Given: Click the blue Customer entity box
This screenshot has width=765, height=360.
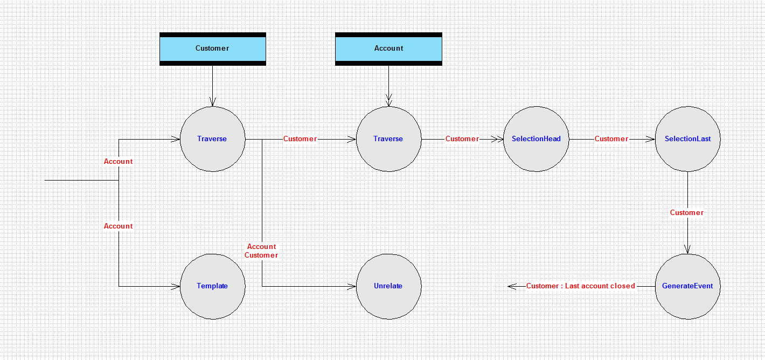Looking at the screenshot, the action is [x=212, y=49].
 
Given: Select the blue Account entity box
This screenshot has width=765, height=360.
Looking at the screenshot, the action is [x=388, y=49].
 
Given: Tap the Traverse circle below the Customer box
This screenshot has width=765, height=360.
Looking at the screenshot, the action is [x=212, y=139].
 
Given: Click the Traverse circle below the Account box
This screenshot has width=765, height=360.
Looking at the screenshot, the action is [x=388, y=139].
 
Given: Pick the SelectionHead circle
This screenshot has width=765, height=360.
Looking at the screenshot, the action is [x=536, y=139].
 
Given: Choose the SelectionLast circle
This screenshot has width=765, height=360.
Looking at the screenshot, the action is [x=687, y=139].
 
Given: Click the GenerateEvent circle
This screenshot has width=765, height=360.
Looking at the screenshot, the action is [x=687, y=287].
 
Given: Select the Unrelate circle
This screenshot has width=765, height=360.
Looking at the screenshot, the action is [x=388, y=287].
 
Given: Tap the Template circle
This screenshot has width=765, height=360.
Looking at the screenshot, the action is [x=212, y=287].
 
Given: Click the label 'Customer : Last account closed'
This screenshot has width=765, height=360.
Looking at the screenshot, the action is [x=580, y=286].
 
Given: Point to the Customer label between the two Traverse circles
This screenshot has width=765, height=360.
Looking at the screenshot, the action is [x=300, y=139].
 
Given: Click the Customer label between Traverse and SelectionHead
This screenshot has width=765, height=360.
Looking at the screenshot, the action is [x=462, y=139].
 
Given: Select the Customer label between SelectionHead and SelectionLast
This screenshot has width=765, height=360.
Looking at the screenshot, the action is [x=611, y=139].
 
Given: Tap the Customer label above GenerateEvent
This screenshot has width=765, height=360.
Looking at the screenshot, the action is [x=687, y=212].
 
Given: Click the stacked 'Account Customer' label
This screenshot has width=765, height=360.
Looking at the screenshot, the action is [x=261, y=251].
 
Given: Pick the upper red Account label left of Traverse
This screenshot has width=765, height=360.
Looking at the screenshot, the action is [x=118, y=161].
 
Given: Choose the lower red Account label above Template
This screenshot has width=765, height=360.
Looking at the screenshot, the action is [x=118, y=226].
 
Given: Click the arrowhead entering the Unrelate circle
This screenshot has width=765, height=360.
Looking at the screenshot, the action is [x=352, y=287].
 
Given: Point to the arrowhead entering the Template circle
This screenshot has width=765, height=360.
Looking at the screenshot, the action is [x=176, y=287].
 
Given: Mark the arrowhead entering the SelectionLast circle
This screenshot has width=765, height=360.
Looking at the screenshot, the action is [x=651, y=139].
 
